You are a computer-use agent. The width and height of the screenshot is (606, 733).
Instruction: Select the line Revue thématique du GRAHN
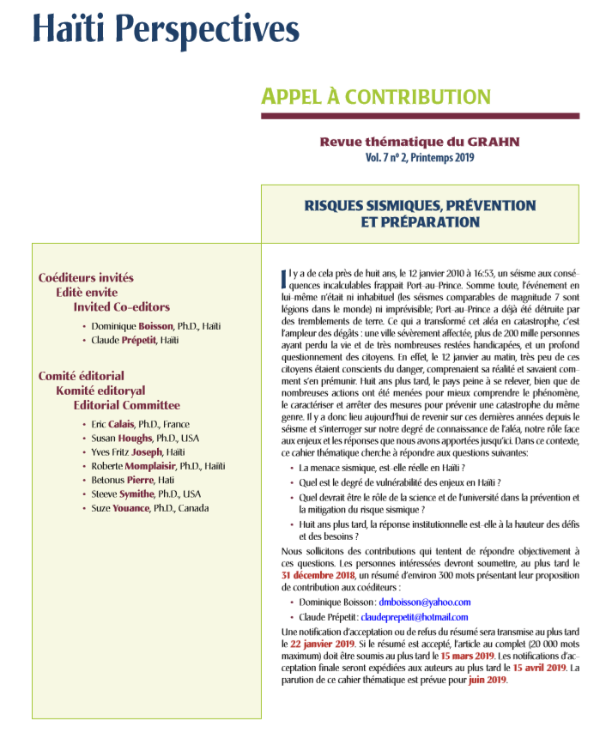coord(419,142)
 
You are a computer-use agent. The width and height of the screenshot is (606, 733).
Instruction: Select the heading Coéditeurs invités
coord(86,277)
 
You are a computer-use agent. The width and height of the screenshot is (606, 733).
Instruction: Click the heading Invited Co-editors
coord(121,306)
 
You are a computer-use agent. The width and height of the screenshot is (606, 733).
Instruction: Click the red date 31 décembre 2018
coord(318,575)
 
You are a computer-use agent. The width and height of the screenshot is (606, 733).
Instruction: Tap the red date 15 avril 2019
coord(540,667)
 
